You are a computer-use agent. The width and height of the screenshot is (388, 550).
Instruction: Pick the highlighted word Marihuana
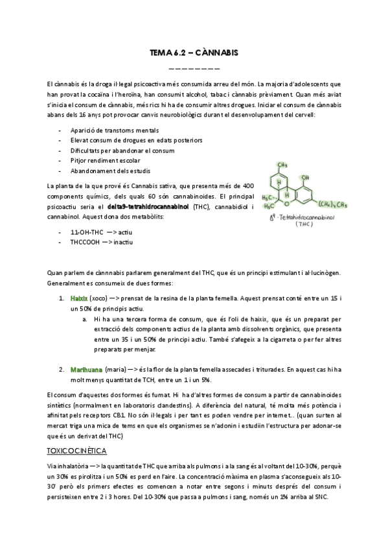86,369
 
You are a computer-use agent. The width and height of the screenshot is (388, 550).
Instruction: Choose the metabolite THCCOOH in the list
87,242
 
